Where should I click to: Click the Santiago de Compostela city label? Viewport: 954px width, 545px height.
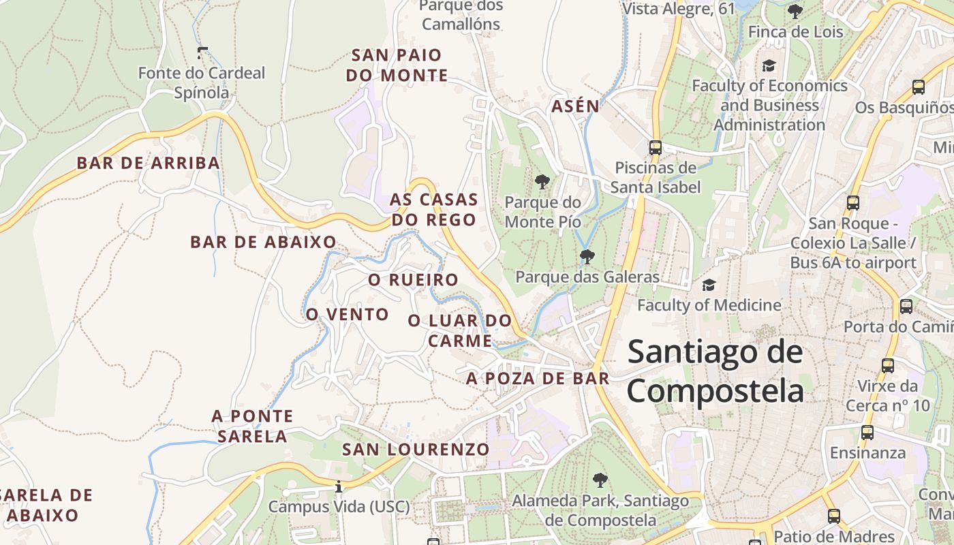[x=715, y=372]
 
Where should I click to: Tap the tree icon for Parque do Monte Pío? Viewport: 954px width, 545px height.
[x=542, y=182]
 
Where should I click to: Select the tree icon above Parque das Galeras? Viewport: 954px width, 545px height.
[x=587, y=257]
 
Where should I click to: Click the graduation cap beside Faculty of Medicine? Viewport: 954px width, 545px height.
[x=709, y=285]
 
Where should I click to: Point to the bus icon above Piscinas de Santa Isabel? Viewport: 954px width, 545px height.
[x=656, y=147]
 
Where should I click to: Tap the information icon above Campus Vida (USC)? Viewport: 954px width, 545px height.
[x=339, y=486]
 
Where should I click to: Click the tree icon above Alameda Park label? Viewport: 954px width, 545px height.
[x=600, y=480]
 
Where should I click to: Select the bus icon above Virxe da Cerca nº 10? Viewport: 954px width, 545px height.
[x=887, y=366]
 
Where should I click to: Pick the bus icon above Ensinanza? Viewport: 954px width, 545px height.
[x=867, y=432]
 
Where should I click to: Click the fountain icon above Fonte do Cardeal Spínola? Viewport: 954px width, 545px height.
[x=202, y=52]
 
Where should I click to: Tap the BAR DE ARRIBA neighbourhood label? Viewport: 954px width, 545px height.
[x=148, y=163]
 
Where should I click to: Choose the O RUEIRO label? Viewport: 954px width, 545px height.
[x=413, y=280]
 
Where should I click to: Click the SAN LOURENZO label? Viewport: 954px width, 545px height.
[x=416, y=450]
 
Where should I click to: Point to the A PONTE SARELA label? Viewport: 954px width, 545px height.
[x=252, y=426]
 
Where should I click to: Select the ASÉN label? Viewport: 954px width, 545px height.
[x=575, y=106]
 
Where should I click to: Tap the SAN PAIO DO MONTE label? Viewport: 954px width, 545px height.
[x=397, y=65]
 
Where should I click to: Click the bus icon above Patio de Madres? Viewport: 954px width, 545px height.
[x=833, y=516]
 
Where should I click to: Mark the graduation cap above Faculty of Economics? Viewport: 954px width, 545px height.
[x=769, y=66]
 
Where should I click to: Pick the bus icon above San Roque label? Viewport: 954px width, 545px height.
[x=852, y=202]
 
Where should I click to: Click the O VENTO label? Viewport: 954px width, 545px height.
[x=347, y=314]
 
